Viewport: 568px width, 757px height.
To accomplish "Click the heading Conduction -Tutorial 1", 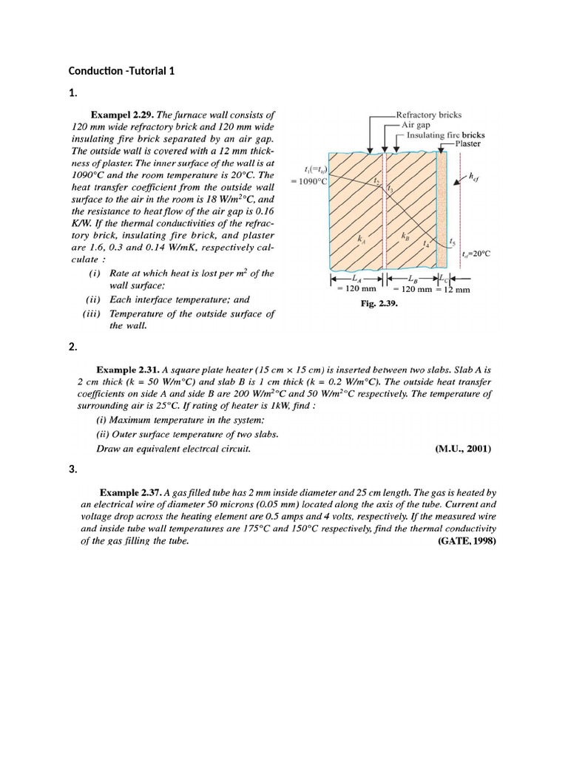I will [121, 71].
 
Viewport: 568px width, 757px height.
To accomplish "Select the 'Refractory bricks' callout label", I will [429, 115].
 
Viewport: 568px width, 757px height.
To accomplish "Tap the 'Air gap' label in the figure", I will [420, 125].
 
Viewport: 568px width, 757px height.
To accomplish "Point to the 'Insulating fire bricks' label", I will [446, 135].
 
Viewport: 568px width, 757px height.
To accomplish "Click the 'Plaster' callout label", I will [467, 144].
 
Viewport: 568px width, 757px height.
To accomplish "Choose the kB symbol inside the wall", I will [405, 237].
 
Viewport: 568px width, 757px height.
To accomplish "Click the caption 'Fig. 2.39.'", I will [379, 303].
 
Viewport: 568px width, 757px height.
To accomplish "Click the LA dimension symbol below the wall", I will [356, 279].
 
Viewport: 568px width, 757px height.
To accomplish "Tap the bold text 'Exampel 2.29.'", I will [121, 115].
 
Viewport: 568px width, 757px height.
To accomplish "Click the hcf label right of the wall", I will [473, 177].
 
